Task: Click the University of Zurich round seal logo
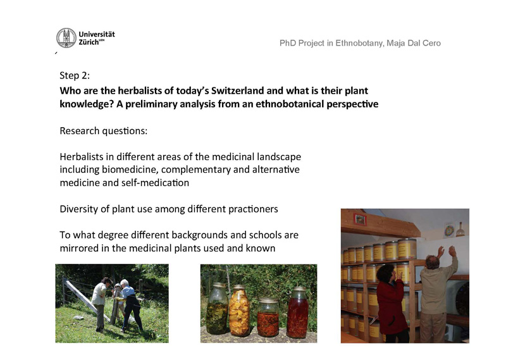click(66, 38)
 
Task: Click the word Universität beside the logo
click(97, 34)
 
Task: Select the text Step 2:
click(75, 75)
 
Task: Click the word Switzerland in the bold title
click(238, 90)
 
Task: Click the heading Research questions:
click(103, 131)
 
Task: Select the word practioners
click(253, 209)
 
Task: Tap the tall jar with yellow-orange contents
click(239, 311)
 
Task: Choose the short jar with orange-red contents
click(268, 318)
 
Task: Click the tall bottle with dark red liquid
click(297, 312)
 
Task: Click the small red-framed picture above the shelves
click(359, 220)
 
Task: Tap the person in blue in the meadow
click(131, 305)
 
